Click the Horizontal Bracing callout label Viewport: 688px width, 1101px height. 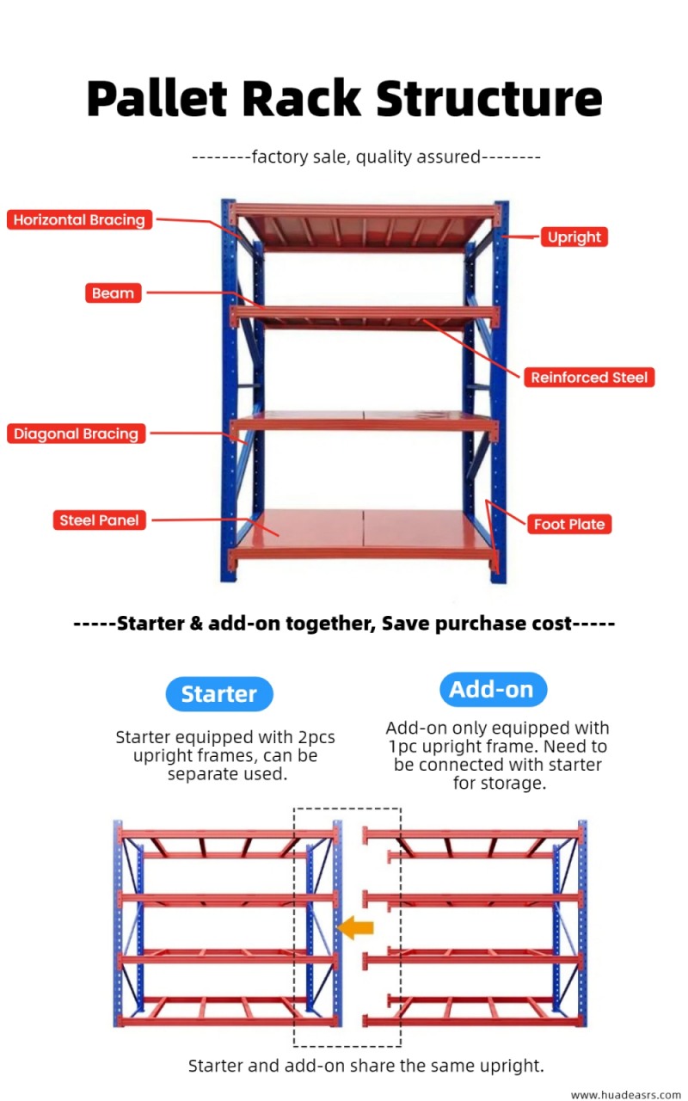click(x=79, y=220)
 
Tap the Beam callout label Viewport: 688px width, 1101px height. click(x=113, y=293)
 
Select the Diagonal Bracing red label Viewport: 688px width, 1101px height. click(x=76, y=434)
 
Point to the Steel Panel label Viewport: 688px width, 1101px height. click(x=99, y=520)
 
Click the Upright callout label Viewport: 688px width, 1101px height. click(x=574, y=237)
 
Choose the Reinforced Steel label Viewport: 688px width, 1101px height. click(x=589, y=378)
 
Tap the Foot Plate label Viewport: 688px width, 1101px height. click(x=568, y=524)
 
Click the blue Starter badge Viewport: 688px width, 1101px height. click(x=218, y=694)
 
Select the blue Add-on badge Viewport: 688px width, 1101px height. click(x=491, y=689)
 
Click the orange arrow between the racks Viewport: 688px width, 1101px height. click(x=355, y=927)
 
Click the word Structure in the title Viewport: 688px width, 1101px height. click(x=489, y=99)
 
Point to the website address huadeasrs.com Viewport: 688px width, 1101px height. click(x=626, y=1094)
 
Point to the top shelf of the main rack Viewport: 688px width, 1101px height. click(x=365, y=226)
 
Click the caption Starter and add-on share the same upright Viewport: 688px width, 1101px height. click(x=366, y=1066)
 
